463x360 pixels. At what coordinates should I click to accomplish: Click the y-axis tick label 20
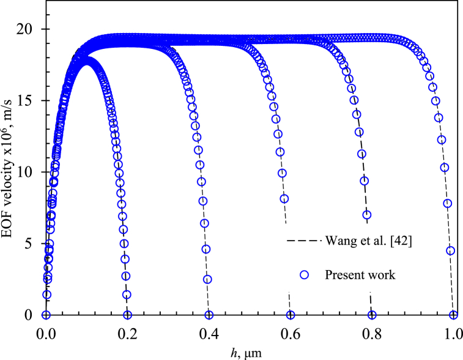[32, 29]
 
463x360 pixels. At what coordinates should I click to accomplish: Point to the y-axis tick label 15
[32, 101]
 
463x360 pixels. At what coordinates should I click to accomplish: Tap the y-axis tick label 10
[32, 172]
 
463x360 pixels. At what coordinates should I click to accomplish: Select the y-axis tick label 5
[36, 244]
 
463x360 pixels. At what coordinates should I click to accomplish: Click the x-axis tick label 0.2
[127, 334]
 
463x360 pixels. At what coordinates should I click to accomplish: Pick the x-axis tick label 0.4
[209, 334]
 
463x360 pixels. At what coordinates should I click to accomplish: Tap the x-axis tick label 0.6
[290, 334]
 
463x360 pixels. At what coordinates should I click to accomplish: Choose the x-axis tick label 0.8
[372, 334]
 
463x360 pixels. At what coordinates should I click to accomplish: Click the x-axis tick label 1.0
[453, 334]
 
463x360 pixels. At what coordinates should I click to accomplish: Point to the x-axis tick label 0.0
[46, 334]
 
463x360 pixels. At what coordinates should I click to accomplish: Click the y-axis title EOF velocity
[10, 171]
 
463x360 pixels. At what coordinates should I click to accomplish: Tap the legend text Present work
[360, 276]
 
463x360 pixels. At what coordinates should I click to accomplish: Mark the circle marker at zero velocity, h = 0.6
[291, 315]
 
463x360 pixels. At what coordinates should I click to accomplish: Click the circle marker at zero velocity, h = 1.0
[453, 315]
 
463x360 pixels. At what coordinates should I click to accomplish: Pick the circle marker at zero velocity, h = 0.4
[209, 315]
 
